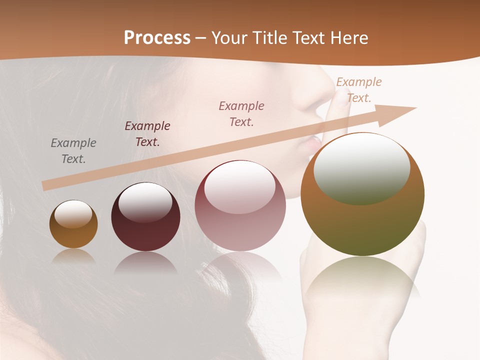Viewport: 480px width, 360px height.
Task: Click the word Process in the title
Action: pos(157,38)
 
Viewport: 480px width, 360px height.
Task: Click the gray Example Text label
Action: pos(73,151)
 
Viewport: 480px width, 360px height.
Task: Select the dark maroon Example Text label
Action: pos(147,134)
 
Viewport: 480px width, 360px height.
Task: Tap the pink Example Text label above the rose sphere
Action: pos(241,113)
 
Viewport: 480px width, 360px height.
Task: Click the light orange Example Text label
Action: pos(359,90)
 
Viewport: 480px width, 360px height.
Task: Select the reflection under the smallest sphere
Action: pos(73,256)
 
